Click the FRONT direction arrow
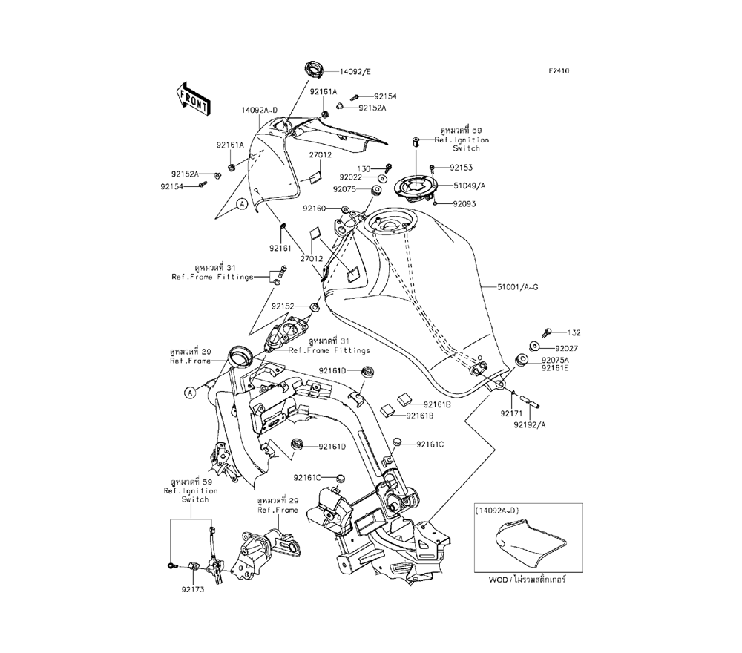pos(191,99)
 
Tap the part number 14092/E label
pos(355,72)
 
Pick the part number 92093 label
pos(460,203)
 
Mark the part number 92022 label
pos(352,177)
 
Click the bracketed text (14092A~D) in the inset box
pos(499,511)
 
